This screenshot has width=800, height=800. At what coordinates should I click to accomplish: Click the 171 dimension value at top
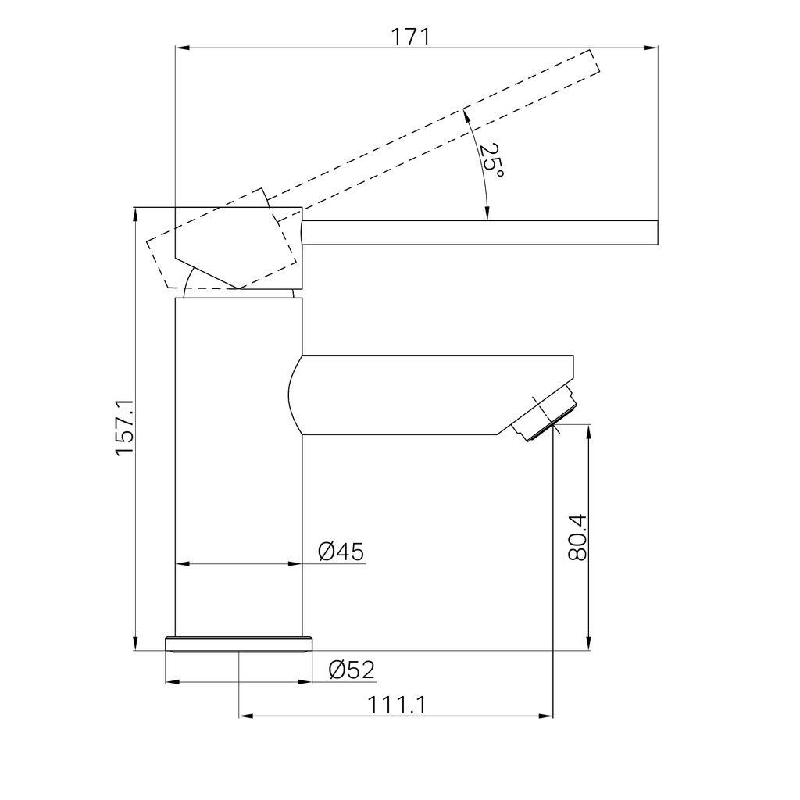pyautogui.click(x=410, y=37)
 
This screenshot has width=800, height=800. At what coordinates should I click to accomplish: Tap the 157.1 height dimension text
pyautogui.click(x=124, y=427)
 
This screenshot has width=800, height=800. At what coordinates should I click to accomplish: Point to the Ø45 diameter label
pyautogui.click(x=341, y=552)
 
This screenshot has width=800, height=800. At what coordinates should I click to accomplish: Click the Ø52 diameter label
pyautogui.click(x=352, y=670)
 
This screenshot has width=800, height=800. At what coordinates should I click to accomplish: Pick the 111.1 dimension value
pyautogui.click(x=396, y=705)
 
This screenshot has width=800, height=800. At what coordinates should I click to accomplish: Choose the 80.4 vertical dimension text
pyautogui.click(x=577, y=537)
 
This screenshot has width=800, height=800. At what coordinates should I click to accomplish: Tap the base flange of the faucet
pyautogui.click(x=238, y=644)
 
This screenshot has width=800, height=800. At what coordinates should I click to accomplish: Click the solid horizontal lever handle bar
pyautogui.click(x=480, y=233)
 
